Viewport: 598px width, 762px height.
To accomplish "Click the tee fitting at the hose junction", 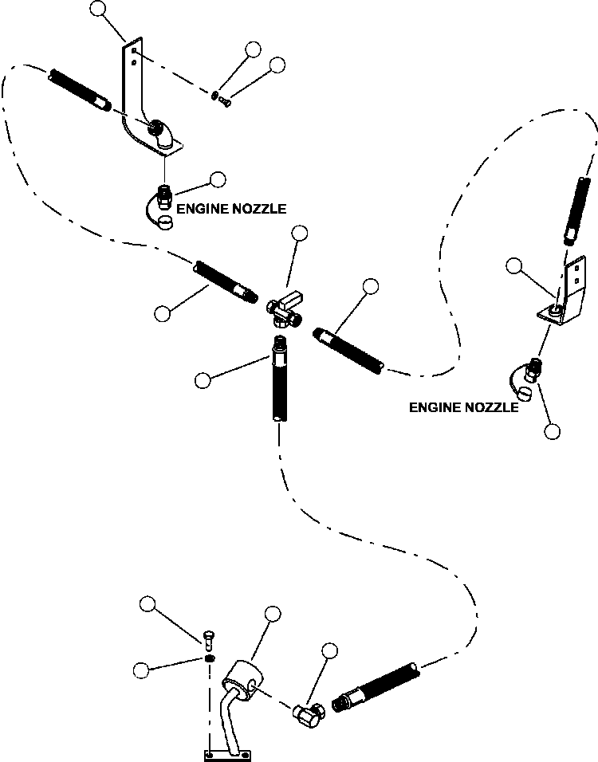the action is [285, 311].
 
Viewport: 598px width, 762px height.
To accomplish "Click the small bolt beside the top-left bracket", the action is [224, 101].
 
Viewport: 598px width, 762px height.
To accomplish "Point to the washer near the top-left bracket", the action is [215, 95].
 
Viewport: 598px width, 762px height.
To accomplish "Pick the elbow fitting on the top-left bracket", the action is [160, 134].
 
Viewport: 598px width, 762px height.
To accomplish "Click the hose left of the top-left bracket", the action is [80, 91].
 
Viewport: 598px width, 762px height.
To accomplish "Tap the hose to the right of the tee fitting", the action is [348, 351].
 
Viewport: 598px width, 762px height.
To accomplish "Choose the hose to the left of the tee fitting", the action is [226, 282].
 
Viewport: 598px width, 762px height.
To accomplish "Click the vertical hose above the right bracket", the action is [577, 211].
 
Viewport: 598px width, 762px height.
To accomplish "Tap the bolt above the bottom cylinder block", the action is [209, 640].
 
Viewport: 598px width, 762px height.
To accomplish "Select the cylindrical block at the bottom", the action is [243, 680].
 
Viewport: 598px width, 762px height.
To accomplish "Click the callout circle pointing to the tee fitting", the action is [300, 234].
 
